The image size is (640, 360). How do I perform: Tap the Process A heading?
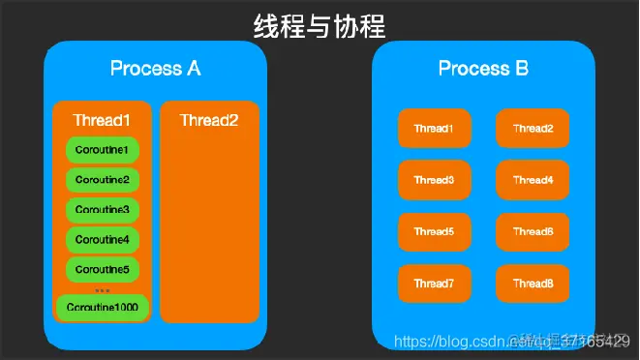156,69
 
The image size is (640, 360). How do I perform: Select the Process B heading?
482,69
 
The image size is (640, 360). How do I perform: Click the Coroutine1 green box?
103,151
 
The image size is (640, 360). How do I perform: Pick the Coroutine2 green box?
103,181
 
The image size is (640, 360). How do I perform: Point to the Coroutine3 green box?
103,210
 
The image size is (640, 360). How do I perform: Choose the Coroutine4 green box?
103,239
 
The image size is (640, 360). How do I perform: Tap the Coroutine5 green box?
103,269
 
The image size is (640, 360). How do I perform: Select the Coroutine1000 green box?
103,308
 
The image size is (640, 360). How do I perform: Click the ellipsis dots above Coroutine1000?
103,289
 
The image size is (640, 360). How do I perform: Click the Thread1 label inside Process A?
102,121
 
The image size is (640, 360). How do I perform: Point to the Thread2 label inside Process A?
209,121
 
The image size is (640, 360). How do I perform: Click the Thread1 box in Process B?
434,129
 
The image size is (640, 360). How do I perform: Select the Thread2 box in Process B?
533,129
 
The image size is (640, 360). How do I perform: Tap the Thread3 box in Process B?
434,180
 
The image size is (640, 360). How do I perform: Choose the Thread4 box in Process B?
533,180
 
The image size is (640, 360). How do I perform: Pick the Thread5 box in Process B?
434,232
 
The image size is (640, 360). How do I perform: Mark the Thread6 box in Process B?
533,232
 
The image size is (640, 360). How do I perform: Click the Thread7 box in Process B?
434,284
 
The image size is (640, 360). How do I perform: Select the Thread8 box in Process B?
533,284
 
